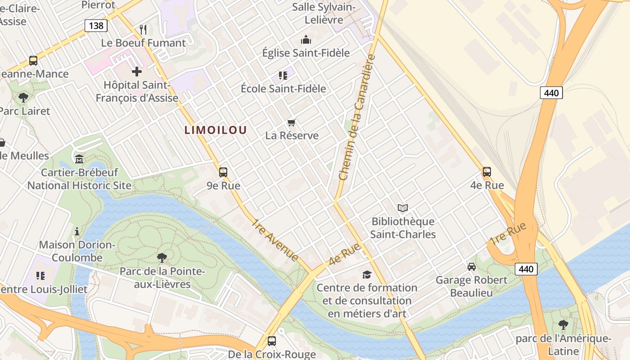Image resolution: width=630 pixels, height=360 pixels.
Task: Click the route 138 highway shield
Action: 96,26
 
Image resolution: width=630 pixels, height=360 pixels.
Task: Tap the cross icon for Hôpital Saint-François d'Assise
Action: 137,72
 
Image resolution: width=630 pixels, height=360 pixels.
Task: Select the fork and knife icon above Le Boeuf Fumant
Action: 143,30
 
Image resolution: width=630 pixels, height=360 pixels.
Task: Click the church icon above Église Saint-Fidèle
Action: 306,40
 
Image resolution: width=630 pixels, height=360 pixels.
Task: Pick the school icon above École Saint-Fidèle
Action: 283,75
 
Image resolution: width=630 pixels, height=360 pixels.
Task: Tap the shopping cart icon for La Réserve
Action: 292,122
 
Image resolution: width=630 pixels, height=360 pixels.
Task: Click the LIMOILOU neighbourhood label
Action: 216,130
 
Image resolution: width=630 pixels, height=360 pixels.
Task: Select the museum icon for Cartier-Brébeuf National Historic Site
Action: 79,159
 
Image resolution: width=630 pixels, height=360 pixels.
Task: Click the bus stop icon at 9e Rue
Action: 223,172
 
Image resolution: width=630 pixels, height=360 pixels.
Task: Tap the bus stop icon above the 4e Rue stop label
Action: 487,171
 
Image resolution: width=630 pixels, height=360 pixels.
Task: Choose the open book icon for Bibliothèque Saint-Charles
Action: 403,208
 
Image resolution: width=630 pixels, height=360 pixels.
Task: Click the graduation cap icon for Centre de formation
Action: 367,274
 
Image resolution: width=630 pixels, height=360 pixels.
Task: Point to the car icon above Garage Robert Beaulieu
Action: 472,266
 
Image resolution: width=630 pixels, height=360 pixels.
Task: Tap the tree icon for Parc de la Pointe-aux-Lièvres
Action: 162,258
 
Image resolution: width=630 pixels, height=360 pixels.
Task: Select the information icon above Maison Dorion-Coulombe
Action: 77,231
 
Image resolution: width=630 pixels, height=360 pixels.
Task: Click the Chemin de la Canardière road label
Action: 357,118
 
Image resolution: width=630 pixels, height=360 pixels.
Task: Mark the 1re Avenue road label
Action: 275,240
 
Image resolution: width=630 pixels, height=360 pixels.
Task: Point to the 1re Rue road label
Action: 508,234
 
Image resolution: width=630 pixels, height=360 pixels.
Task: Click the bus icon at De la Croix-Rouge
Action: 272,341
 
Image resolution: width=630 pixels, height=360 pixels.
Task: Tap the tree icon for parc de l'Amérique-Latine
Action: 563,324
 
